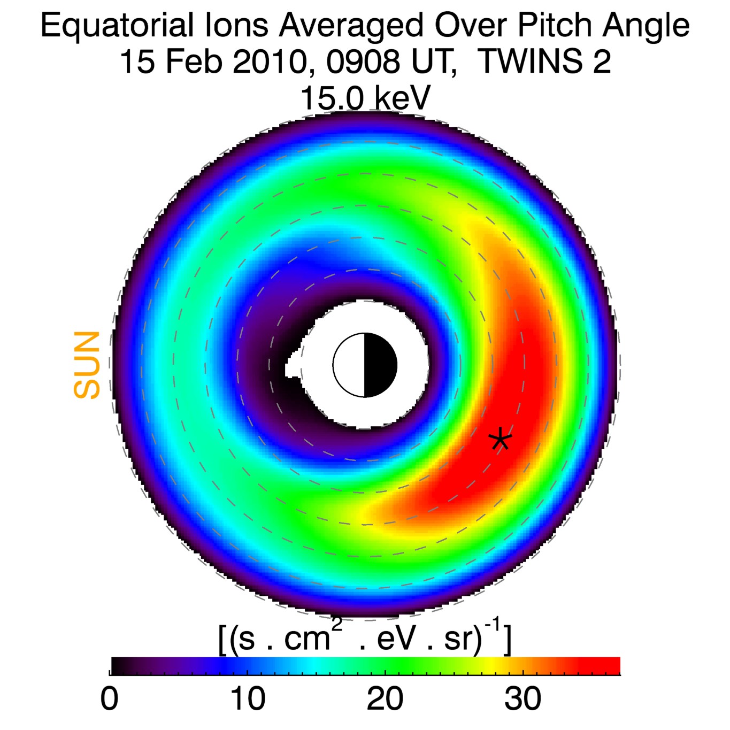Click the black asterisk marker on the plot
coord(500,440)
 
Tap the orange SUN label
coord(87,365)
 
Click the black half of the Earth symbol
coord(380,365)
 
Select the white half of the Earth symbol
coord(349,365)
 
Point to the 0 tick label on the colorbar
coord(109,698)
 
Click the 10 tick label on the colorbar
coord(248,698)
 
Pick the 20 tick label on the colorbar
coord(385,698)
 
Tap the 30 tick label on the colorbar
coord(522,698)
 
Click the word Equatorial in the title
coord(117,26)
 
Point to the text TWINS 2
coord(544,62)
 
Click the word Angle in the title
coord(646,26)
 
